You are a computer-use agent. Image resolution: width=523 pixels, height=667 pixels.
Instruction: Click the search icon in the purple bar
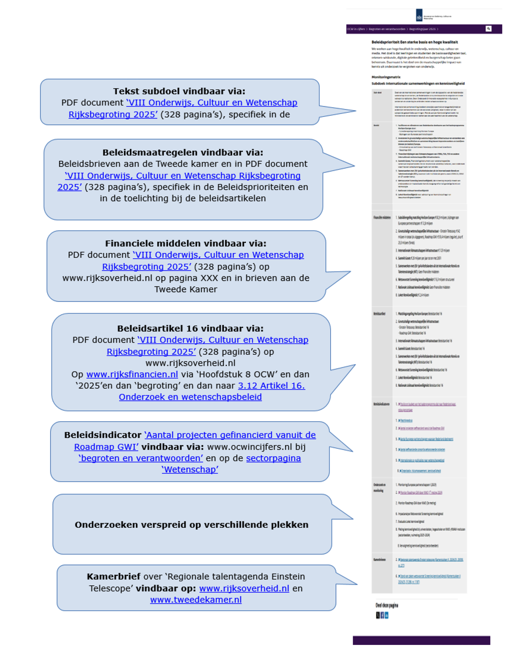(488, 29)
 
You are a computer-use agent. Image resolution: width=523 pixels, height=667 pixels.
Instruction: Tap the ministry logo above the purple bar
(419, 16)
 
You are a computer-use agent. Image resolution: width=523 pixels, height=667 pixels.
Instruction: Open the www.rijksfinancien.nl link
(132, 374)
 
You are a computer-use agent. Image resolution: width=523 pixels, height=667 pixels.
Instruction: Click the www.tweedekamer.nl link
(196, 599)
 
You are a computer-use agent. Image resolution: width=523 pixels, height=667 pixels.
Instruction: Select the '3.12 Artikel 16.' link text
(271, 385)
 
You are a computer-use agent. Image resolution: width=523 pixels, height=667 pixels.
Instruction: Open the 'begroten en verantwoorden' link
(141, 458)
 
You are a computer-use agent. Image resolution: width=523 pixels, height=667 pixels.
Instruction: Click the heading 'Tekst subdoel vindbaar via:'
(179, 91)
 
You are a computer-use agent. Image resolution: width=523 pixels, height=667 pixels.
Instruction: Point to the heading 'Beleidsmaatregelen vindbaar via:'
(182, 152)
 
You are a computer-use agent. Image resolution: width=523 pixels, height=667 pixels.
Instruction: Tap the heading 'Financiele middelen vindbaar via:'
(186, 243)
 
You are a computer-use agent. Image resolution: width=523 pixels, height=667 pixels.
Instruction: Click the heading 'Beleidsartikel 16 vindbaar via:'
(190, 328)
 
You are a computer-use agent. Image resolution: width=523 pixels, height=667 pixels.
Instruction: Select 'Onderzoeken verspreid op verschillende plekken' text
(191, 524)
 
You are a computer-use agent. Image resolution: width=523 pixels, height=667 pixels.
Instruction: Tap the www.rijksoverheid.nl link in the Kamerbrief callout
(244, 588)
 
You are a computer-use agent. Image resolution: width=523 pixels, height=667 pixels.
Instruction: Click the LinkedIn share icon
(387, 615)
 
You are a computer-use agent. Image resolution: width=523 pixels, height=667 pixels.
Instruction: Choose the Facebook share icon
(382, 615)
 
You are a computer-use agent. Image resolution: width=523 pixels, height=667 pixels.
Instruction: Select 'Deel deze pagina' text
(387, 605)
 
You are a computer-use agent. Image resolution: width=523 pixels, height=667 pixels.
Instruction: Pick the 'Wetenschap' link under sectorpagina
(190, 469)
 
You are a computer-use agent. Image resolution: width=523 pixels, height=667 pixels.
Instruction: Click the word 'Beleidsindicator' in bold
(103, 435)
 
